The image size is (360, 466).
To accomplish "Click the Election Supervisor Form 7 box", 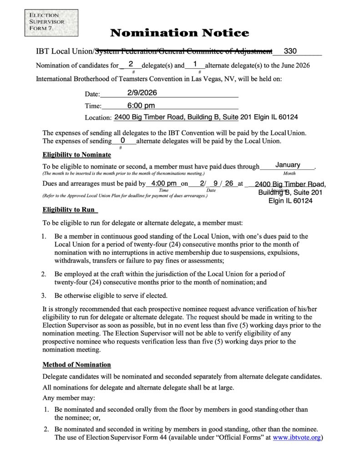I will click(x=51, y=23).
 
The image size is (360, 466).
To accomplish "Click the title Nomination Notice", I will click(x=179, y=33).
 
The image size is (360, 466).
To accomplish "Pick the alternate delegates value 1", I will click(x=195, y=64).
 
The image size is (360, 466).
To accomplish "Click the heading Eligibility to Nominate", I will click(x=76, y=155).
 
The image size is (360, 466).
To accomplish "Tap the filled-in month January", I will click(x=288, y=165).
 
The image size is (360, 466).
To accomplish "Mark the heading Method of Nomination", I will click(x=76, y=365).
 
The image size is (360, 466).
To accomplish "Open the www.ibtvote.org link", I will click(x=297, y=438).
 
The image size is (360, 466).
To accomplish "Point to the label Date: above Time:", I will click(x=92, y=94).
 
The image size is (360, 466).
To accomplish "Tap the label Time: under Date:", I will click(x=93, y=106).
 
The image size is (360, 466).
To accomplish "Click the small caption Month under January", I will click(x=289, y=173).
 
